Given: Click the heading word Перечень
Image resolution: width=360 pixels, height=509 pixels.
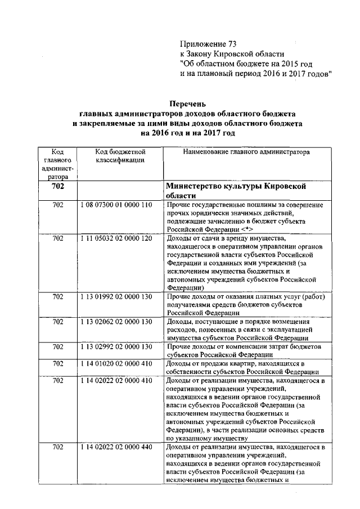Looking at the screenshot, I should [188, 103].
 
